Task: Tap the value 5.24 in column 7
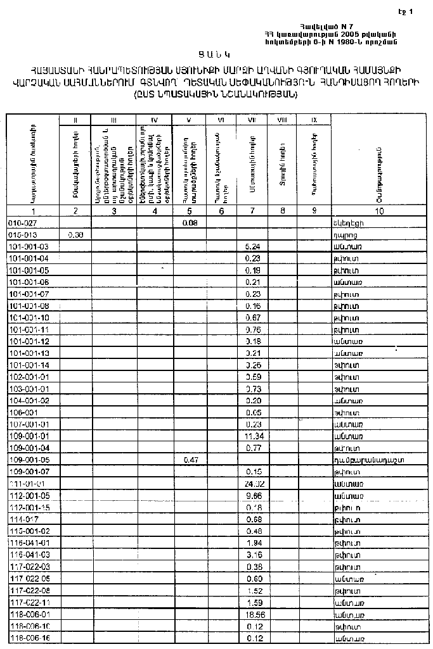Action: [x=253, y=246]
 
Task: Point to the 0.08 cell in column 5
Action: [x=189, y=223]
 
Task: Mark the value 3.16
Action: [x=253, y=555]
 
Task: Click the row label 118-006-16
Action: [x=30, y=638]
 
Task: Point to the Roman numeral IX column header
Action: [x=313, y=120]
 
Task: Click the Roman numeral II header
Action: [x=75, y=120]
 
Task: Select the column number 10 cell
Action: [x=378, y=211]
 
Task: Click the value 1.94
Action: [x=253, y=543]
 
